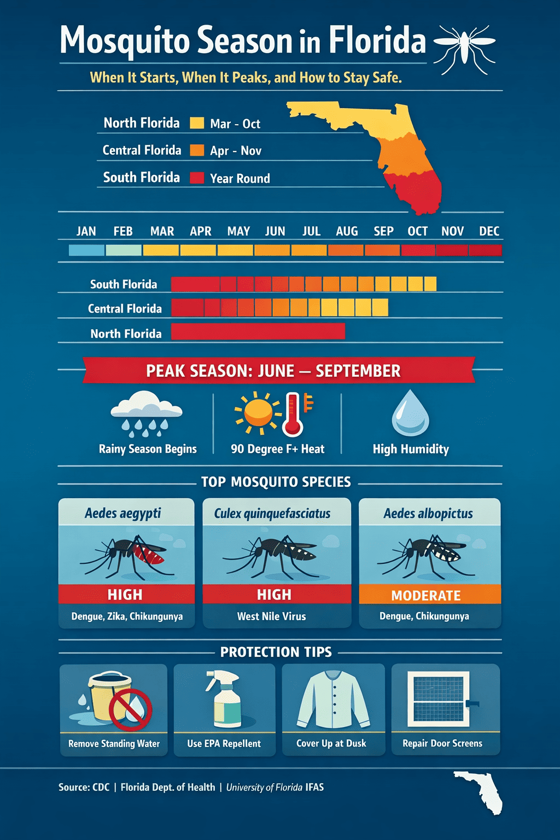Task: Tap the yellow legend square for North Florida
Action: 197,123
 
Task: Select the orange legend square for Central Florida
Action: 197,150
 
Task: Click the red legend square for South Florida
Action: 197,178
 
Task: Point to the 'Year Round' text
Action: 240,178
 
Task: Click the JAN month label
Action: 86,231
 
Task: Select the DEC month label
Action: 489,231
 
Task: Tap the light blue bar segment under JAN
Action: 86,250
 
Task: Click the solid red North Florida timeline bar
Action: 258,331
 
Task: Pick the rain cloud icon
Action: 146,413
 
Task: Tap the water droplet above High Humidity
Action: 410,413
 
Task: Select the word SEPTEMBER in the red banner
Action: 358,371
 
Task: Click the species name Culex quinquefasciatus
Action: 272,514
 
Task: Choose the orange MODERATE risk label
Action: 427,595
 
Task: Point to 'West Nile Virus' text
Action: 272,616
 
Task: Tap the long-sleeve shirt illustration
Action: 333,700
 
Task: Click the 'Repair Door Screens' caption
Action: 442,743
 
